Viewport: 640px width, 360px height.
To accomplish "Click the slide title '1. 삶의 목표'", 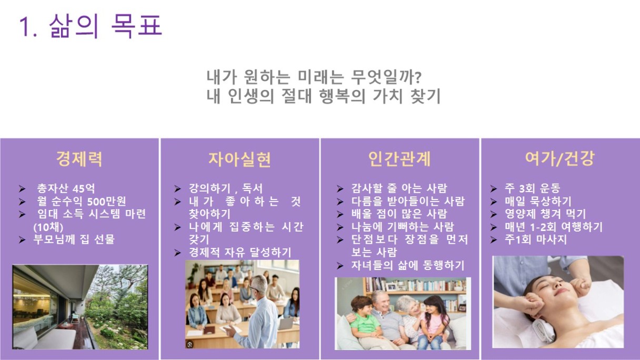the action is [91, 26].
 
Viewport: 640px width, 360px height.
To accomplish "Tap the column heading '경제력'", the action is [79, 159].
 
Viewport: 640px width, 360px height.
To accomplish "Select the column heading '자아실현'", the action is [239, 159].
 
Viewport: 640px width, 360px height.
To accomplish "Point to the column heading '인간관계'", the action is [399, 159].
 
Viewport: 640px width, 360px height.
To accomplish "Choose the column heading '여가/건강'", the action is [560, 158].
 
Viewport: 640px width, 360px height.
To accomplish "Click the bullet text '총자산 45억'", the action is [66, 188].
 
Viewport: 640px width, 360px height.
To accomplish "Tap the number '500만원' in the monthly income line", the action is [106, 202].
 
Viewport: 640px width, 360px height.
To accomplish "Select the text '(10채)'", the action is [48, 227].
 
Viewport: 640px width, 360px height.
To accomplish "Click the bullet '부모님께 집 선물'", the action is [74, 239].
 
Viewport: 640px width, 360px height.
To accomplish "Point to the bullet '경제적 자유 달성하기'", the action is [240, 253].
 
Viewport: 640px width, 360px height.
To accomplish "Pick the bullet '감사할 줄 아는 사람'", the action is [399, 188].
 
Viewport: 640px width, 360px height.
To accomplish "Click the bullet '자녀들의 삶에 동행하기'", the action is [408, 265].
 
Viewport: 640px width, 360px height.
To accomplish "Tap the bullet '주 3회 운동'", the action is [532, 188].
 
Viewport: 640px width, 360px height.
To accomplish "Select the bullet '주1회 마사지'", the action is [536, 239].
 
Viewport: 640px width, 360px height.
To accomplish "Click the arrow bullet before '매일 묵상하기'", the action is [494, 202].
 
